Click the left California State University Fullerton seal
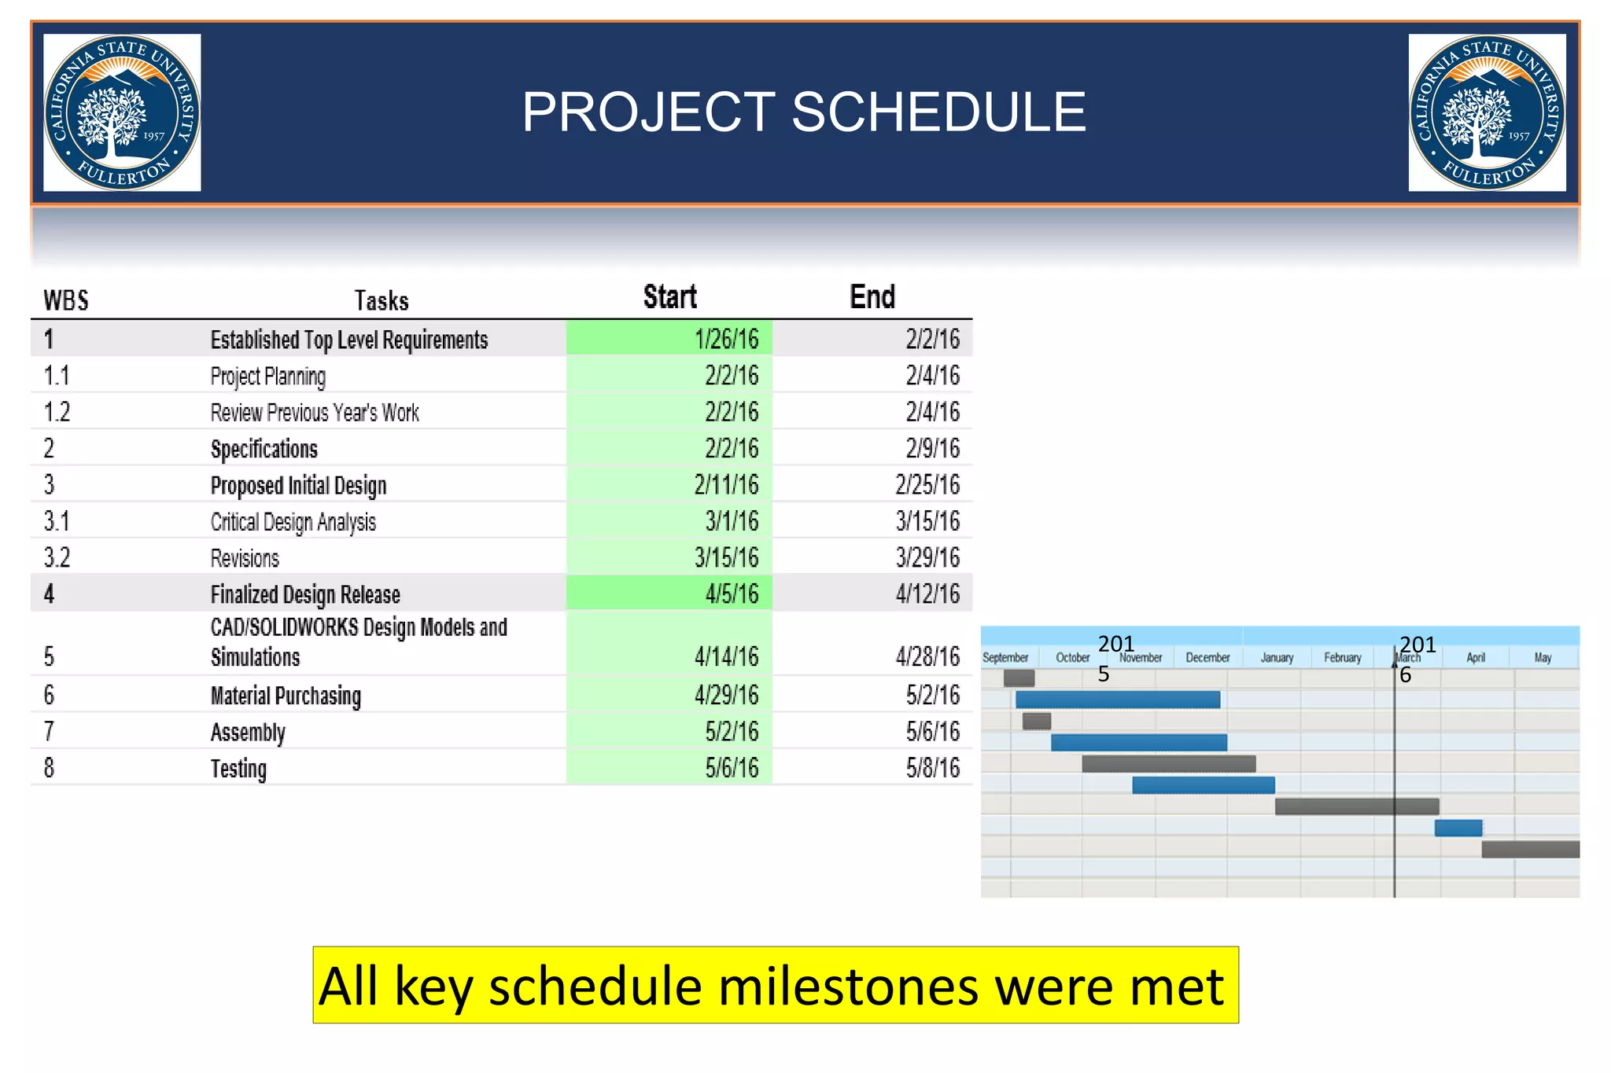(122, 112)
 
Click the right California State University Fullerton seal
(1487, 112)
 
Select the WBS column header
(66, 300)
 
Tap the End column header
(872, 297)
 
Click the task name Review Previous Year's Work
(315, 413)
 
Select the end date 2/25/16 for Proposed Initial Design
(927, 485)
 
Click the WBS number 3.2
(57, 557)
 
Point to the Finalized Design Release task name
(305, 594)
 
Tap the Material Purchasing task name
(286, 696)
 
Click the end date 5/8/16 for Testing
(932, 768)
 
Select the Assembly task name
(248, 733)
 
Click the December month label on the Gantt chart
(1207, 658)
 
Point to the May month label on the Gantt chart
(1543, 658)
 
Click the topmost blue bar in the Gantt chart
(1117, 700)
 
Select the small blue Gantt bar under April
(1458, 828)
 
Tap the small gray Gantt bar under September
(1019, 678)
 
